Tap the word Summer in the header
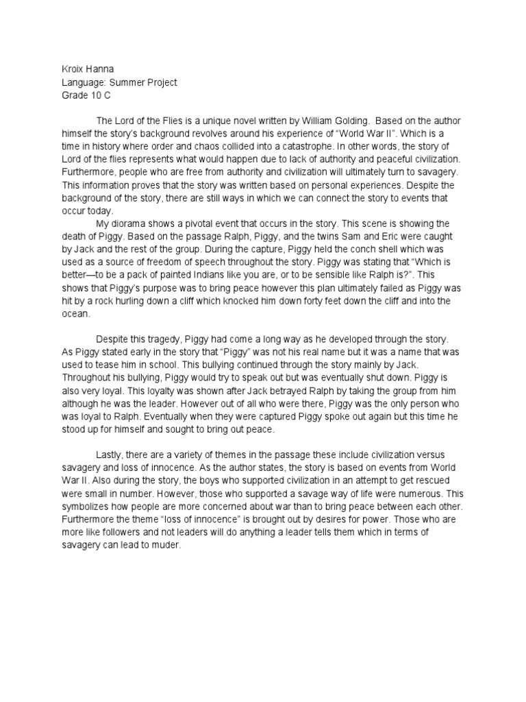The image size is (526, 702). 131,82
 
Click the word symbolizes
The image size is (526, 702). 87,507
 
